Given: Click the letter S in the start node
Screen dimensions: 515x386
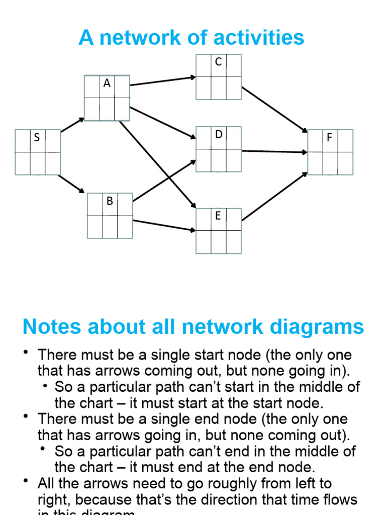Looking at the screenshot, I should [x=37, y=137].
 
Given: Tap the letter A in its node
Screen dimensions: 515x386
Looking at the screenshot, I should [x=107, y=83].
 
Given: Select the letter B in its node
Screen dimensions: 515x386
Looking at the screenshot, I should [x=110, y=201].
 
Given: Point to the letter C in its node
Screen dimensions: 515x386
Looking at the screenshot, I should [x=218, y=62].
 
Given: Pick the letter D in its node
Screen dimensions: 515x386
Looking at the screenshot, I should [x=219, y=134].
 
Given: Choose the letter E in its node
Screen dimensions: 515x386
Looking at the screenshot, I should [x=218, y=216].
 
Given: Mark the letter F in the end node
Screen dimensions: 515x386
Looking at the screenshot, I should [x=330, y=137].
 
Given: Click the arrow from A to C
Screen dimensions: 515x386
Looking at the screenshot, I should [x=162, y=81].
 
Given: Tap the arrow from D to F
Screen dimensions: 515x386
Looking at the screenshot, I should [x=274, y=151].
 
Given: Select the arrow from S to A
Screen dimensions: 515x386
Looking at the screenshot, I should [x=72, y=125].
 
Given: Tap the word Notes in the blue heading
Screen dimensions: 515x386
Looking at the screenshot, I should [x=52, y=327].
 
